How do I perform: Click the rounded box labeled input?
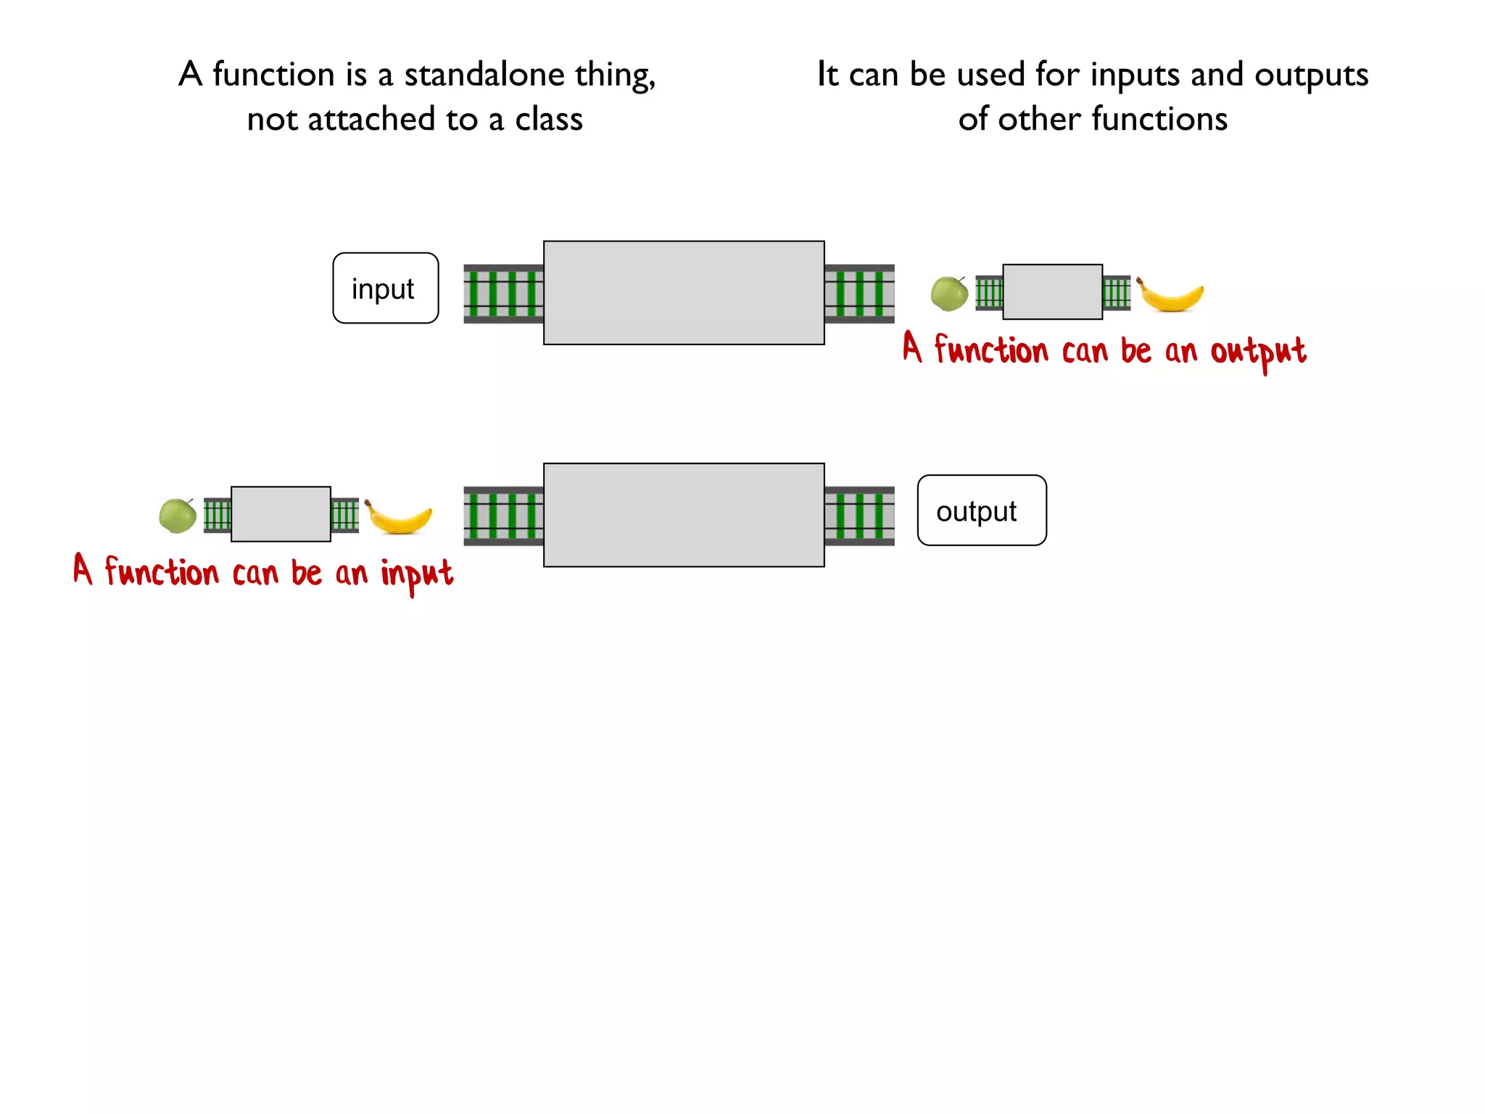385,288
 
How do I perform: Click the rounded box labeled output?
981,510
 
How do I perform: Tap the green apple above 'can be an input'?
178,516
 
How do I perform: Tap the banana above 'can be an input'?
400,517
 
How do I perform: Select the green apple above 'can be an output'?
949,294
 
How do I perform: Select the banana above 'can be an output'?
1171,295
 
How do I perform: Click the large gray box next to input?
683,292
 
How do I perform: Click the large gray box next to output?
683,514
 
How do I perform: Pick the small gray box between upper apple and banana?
1052,292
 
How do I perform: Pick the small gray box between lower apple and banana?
281,513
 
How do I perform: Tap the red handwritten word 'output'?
1258,352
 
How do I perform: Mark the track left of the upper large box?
503,294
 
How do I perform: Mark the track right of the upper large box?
859,294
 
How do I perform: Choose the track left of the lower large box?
503,516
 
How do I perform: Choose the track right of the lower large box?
859,516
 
